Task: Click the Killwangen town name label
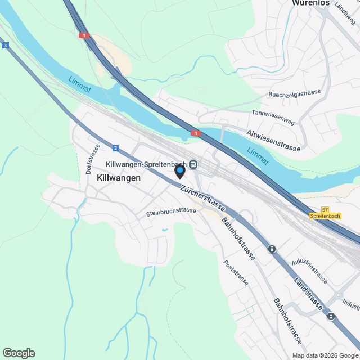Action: [x=118, y=177]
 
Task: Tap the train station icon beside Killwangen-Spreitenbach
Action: [x=193, y=164]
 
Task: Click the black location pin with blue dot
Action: [x=179, y=171]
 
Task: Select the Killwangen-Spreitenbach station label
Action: [x=146, y=164]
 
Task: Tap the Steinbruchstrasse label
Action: [x=171, y=212]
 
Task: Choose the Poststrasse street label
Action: [x=235, y=272]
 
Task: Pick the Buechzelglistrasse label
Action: [x=294, y=94]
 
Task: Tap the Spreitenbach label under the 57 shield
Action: [x=325, y=216]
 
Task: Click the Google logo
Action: [x=19, y=353]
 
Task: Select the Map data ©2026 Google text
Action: [x=325, y=355]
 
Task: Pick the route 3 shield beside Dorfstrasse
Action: [x=115, y=148]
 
